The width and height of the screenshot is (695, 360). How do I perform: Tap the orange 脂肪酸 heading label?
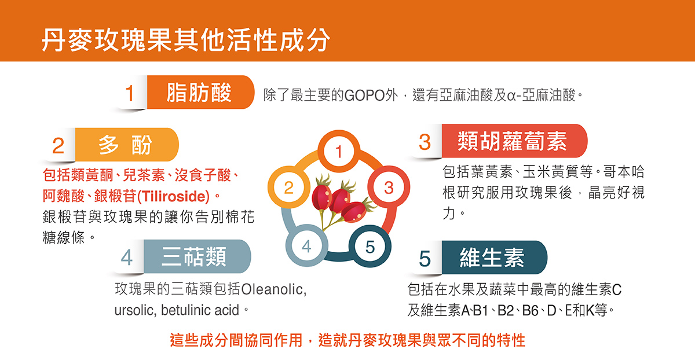point(200,93)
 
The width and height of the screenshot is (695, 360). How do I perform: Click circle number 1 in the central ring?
point(339,152)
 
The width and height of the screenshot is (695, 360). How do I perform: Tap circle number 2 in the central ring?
point(288,188)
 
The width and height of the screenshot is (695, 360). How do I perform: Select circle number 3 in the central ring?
point(389,188)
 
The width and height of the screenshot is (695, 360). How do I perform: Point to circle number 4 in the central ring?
point(306,245)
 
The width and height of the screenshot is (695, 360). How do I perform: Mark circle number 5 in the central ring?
point(370,246)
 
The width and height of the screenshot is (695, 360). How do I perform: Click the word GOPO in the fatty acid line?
point(364,94)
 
